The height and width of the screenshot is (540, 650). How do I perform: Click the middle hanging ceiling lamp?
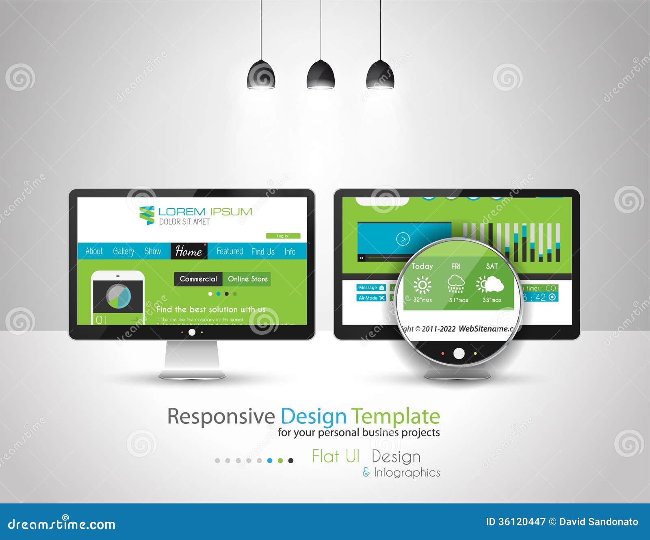[x=321, y=75]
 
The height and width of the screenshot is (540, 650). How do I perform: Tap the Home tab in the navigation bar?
[x=189, y=252]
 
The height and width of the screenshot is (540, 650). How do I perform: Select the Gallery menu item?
[x=123, y=252]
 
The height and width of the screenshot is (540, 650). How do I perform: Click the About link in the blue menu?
[x=94, y=252]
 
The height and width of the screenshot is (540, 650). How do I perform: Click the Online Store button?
[x=247, y=279]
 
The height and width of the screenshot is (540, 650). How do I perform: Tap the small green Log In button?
[x=283, y=236]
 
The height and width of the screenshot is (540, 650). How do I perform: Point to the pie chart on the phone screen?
[x=119, y=296]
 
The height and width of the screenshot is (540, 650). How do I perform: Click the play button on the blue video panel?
[x=403, y=239]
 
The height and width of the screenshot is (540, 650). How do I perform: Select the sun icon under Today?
[x=422, y=285]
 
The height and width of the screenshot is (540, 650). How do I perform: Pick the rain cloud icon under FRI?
[x=456, y=284]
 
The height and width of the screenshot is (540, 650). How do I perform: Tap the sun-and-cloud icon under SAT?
[x=490, y=284]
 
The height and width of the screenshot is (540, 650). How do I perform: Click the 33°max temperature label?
[x=492, y=300]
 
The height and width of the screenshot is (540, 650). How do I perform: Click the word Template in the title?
[x=395, y=417]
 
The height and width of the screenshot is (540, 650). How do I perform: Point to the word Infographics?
[x=407, y=473]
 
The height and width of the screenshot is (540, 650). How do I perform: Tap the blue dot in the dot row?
[x=270, y=461]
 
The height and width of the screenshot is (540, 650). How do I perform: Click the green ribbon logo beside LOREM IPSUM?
[x=147, y=215]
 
